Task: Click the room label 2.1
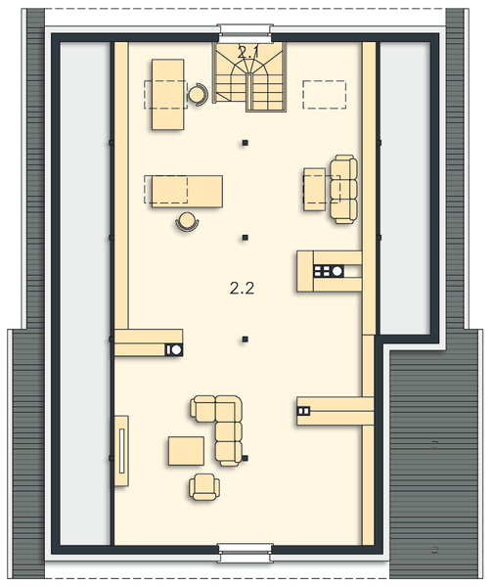[x=249, y=54]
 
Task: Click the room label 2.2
[x=242, y=288]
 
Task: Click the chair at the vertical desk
[x=199, y=94]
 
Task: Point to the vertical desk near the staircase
[x=168, y=94]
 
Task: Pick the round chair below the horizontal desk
[x=186, y=221]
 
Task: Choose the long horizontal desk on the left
[x=183, y=190]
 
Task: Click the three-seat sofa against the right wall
[x=343, y=188]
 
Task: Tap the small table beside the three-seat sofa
[x=314, y=188]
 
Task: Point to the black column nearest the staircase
[x=246, y=143]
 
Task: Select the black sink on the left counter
[x=175, y=348]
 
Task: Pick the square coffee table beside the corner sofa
[x=186, y=451]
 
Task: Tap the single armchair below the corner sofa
[x=204, y=485]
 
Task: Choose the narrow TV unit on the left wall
[x=122, y=450]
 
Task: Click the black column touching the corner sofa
[x=246, y=458]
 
